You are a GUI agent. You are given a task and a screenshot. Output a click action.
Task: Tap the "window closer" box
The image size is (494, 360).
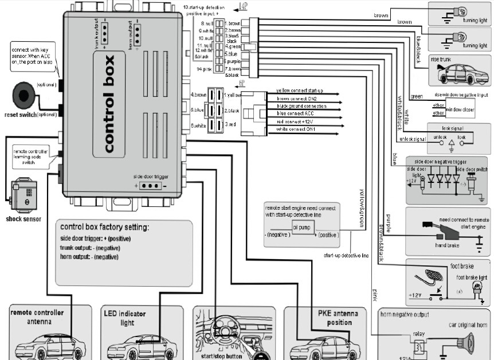(457, 108)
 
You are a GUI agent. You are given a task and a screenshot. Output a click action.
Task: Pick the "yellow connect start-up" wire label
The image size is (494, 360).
(299, 91)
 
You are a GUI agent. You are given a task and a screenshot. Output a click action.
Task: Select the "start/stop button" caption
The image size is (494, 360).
(222, 355)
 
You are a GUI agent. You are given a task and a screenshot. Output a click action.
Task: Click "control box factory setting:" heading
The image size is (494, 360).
(107, 227)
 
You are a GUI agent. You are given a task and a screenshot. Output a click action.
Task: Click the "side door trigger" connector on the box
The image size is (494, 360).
(150, 186)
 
